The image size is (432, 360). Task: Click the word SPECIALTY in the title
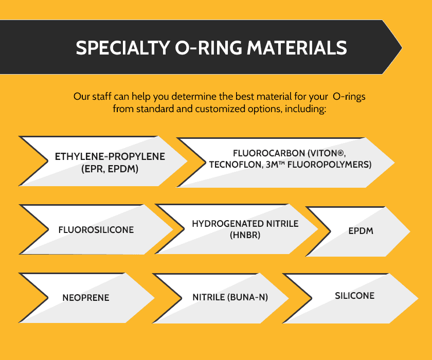point(123,48)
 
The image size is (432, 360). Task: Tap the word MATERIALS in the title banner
point(297,48)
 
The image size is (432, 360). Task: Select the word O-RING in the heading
point(209,48)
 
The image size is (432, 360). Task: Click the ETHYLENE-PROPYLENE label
point(110,156)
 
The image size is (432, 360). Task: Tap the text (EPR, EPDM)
point(110,169)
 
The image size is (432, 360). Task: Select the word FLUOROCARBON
point(269,153)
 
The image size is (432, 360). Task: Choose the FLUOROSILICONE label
point(96,230)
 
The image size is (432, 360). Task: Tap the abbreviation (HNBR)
point(245,235)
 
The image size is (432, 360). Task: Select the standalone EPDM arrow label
point(361,231)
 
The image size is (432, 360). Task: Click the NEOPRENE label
point(86,298)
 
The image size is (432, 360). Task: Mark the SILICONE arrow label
point(354,296)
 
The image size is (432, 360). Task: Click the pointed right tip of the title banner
point(402,48)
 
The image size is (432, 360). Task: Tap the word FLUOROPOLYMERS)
point(330,165)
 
